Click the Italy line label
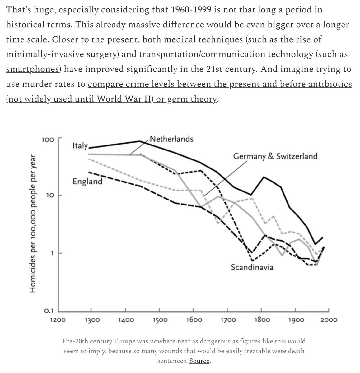click(80, 146)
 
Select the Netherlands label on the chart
click(171, 139)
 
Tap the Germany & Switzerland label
click(275, 156)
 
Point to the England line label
click(87, 181)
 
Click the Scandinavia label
click(252, 267)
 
